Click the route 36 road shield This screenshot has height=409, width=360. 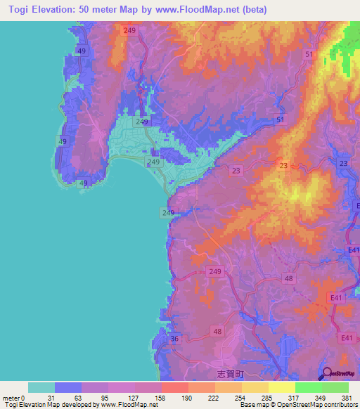click(x=174, y=339)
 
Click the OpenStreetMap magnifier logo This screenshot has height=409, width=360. click(x=326, y=373)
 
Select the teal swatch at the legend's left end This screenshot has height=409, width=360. click(x=41, y=387)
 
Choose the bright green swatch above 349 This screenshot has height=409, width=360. click(x=309, y=387)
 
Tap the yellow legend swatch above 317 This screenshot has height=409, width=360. click(x=282, y=387)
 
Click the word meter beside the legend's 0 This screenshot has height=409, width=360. click(x=12, y=398)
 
